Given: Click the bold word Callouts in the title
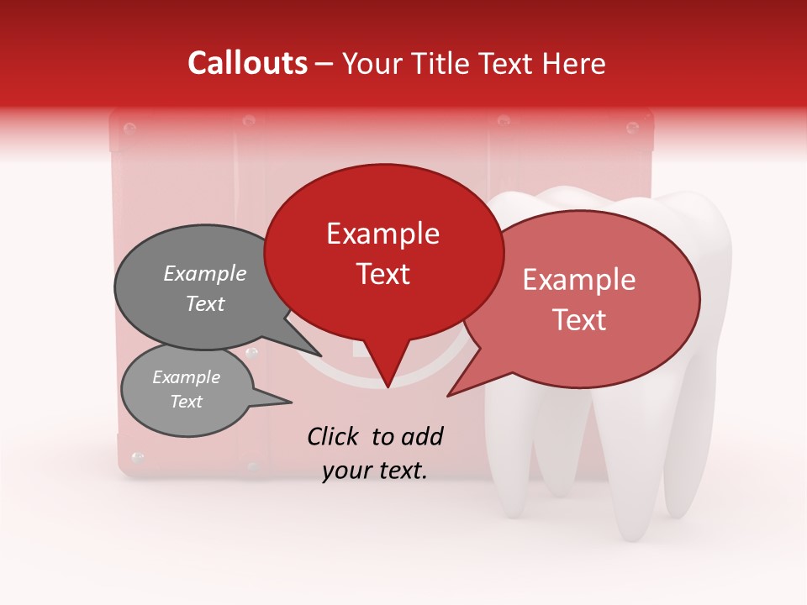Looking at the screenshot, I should pyautogui.click(x=247, y=63).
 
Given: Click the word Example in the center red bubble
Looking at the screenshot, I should pyautogui.click(x=383, y=234).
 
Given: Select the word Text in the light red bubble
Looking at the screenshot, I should pyautogui.click(x=580, y=320).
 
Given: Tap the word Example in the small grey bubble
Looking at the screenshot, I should pyautogui.click(x=187, y=377).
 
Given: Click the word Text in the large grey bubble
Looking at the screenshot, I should pyautogui.click(x=205, y=303).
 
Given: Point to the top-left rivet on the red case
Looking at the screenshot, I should pyautogui.click(x=129, y=129).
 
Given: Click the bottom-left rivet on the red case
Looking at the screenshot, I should pyautogui.click(x=138, y=457).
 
